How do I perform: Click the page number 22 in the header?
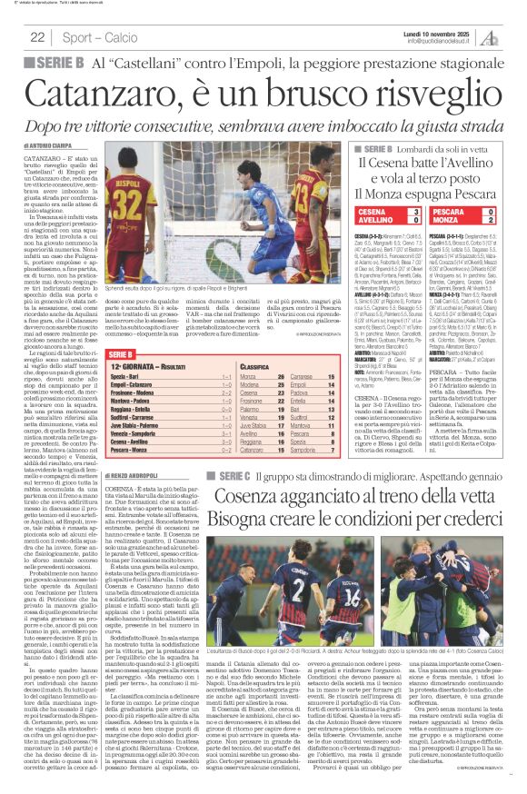tap(38, 36)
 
